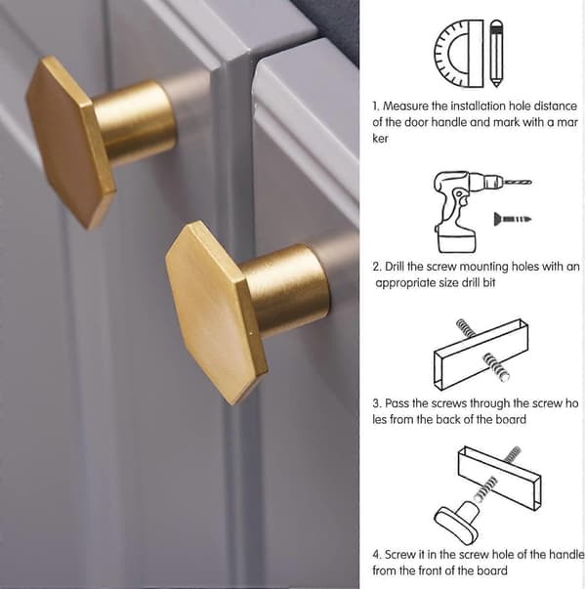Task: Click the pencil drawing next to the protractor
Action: (496, 54)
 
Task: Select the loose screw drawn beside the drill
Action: (513, 219)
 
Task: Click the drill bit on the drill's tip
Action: (518, 183)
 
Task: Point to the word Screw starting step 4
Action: (400, 555)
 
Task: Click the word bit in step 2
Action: (489, 283)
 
